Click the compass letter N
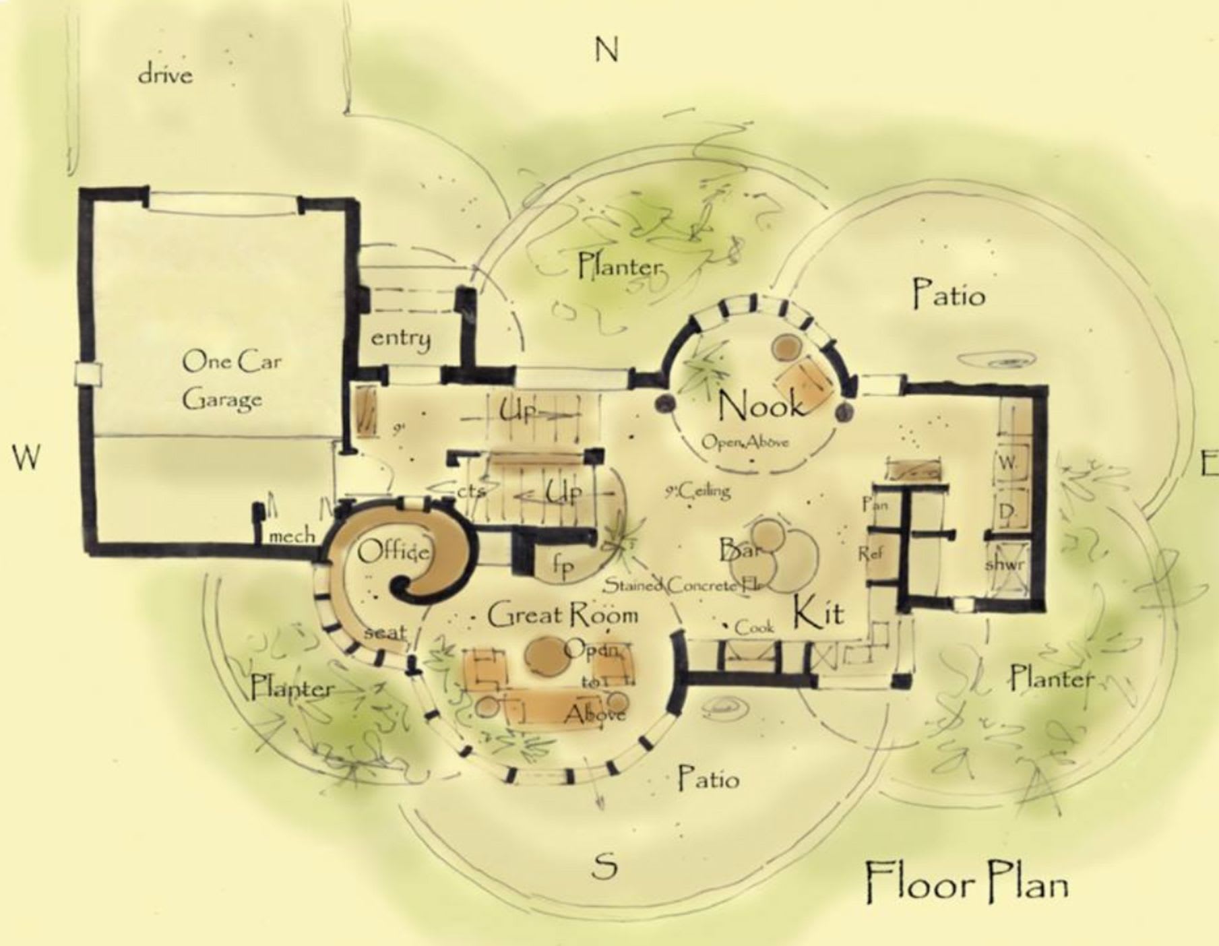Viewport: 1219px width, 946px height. [606, 49]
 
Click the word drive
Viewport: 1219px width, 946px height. [165, 74]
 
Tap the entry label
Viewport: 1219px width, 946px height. [400, 338]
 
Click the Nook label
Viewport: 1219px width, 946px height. [760, 406]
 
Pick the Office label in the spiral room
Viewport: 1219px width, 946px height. [393, 553]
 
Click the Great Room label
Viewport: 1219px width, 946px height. [562, 615]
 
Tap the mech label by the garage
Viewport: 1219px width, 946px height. [292, 536]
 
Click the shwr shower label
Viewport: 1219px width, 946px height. [1005, 563]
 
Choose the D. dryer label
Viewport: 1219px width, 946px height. [1007, 512]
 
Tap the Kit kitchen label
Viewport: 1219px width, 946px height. [817, 613]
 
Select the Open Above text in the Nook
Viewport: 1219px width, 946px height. [745, 442]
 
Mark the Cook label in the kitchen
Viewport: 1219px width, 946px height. [754, 627]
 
